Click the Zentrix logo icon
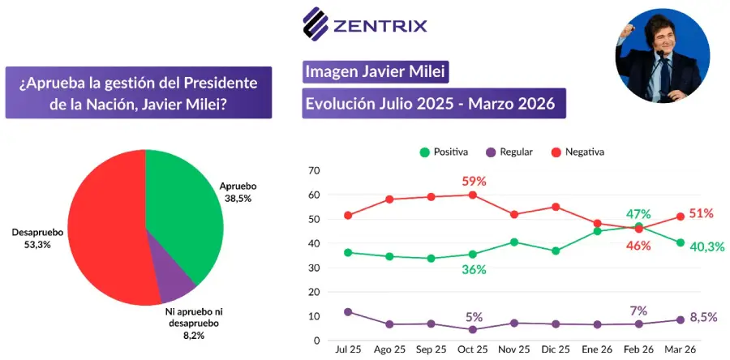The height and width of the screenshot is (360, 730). click(x=316, y=24)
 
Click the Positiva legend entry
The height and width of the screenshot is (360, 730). click(x=444, y=152)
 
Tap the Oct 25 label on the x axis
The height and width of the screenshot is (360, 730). click(x=472, y=349)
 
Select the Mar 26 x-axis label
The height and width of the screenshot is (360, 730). click(x=681, y=349)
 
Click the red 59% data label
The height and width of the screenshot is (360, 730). click(x=474, y=182)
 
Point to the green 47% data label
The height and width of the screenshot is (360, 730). click(x=638, y=214)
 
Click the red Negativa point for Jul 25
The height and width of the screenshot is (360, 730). click(x=348, y=216)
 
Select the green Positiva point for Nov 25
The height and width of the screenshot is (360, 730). click(x=514, y=242)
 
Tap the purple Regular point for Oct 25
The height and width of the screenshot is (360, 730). click(x=473, y=329)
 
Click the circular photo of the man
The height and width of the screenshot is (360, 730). click(x=662, y=55)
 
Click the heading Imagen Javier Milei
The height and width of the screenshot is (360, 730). click(x=376, y=72)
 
